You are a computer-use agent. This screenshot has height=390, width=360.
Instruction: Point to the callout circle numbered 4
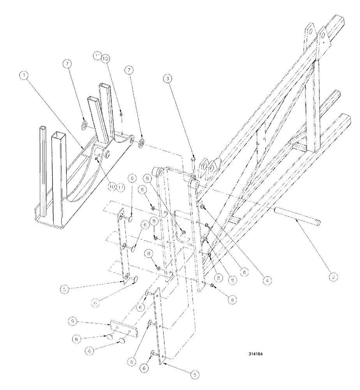tap(266, 279)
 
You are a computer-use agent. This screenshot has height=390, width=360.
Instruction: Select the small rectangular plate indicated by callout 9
tap(124, 330)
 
